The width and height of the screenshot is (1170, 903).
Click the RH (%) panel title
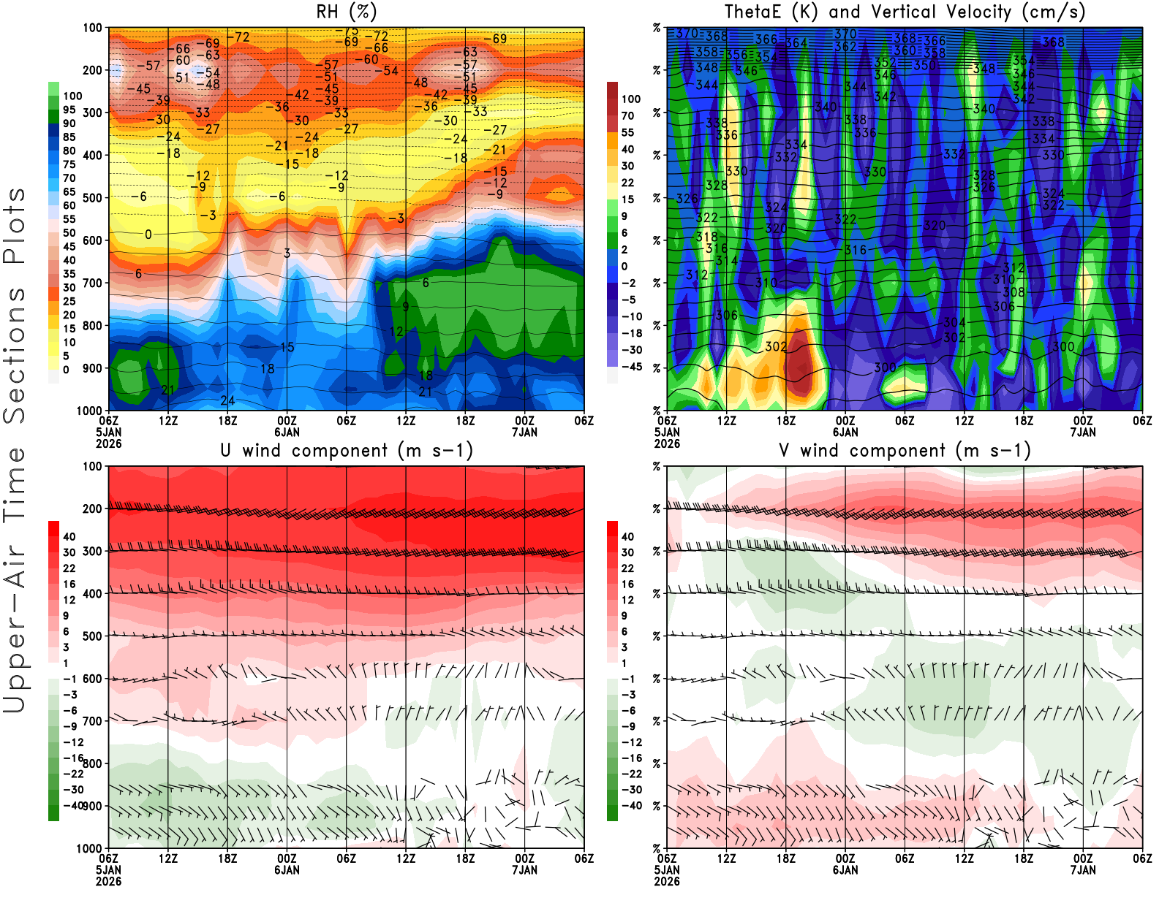click(346, 12)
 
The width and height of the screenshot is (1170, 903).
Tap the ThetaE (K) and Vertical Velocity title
click(905, 12)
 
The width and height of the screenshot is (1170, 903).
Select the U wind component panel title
click(346, 450)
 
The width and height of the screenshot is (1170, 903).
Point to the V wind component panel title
click(905, 450)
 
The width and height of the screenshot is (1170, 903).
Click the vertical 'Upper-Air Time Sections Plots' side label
click(15, 450)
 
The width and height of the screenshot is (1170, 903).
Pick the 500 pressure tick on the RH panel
click(92, 198)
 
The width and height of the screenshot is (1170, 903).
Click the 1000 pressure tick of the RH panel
click(89, 411)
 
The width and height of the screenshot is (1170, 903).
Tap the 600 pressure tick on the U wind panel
click(92, 679)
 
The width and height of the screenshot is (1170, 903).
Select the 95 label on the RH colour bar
click(69, 110)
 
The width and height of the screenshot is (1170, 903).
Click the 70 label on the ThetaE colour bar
click(627, 115)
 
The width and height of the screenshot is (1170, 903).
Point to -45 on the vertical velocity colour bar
click(631, 367)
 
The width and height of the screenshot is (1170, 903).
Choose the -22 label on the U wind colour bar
click(72, 774)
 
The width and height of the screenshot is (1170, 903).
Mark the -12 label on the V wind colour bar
click(631, 742)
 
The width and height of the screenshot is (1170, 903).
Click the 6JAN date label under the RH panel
click(287, 432)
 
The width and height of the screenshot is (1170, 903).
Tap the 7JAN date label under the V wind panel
click(1083, 870)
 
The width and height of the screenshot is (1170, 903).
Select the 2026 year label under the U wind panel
click(108, 881)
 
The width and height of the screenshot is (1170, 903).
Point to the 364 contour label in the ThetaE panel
click(796, 43)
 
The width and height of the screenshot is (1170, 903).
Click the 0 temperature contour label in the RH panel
click(148, 235)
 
